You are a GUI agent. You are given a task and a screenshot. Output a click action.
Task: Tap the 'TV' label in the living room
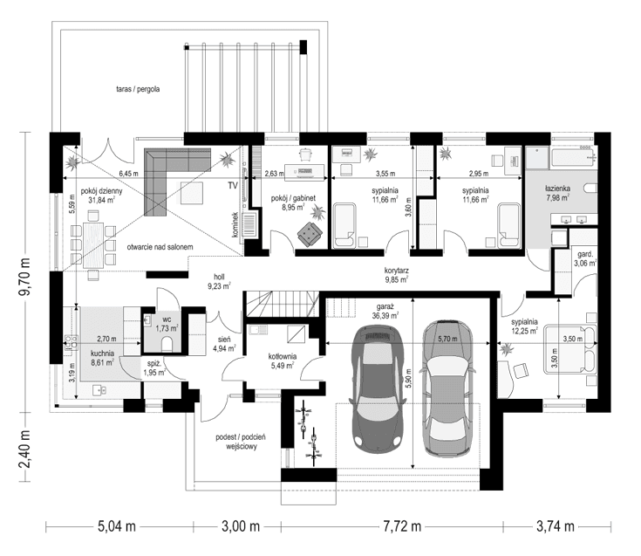[233, 187]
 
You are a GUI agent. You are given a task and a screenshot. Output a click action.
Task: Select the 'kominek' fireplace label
[235, 225]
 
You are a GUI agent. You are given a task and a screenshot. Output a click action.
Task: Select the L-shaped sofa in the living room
[170, 179]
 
